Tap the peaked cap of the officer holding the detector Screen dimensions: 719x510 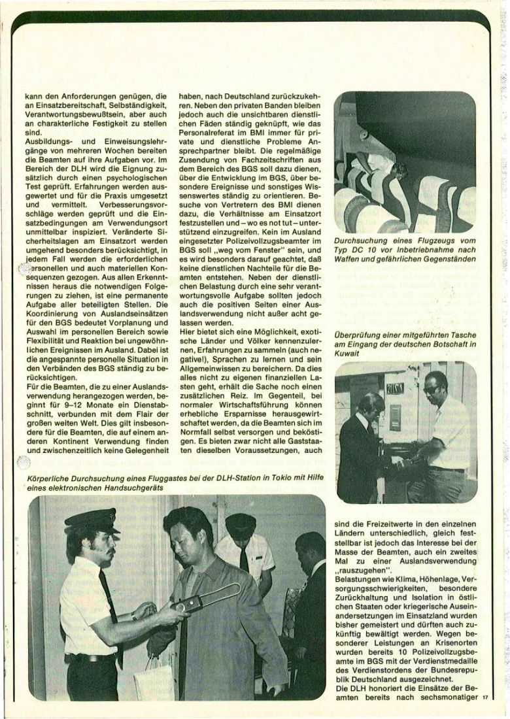click(x=93, y=521)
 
